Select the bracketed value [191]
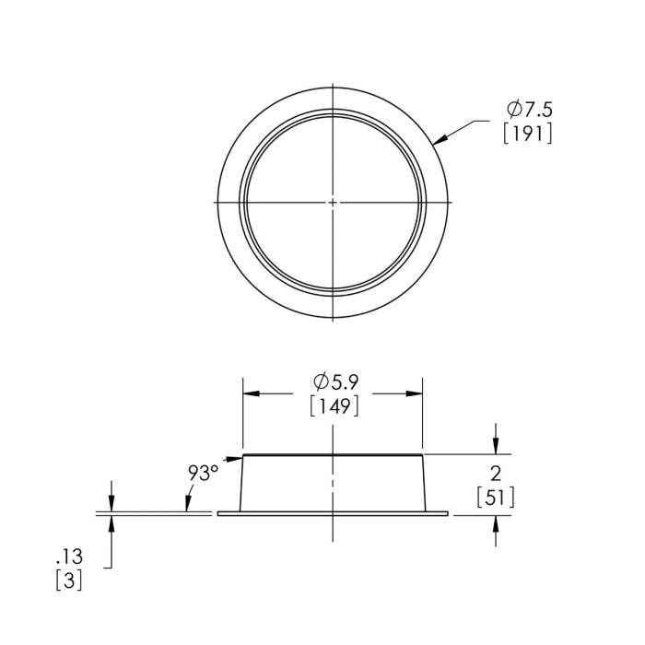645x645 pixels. [x=528, y=135]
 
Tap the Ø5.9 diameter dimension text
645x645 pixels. [x=333, y=381]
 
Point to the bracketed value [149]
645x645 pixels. [x=333, y=405]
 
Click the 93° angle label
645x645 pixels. [x=203, y=473]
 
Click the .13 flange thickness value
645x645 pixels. [x=70, y=557]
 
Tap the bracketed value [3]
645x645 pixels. [x=70, y=581]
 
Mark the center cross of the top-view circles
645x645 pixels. [x=333, y=201]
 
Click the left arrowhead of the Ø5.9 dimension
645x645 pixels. [x=250, y=393]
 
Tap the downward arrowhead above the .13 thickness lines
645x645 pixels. [x=111, y=504]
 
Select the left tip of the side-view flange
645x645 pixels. [x=218, y=514]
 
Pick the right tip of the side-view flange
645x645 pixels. [x=448, y=514]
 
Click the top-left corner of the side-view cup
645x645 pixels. [x=242, y=456]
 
